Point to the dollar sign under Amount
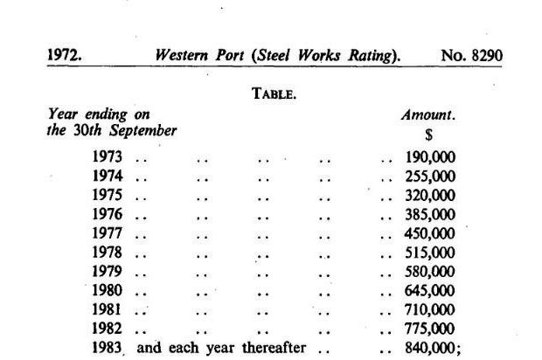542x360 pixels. [428, 134]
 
